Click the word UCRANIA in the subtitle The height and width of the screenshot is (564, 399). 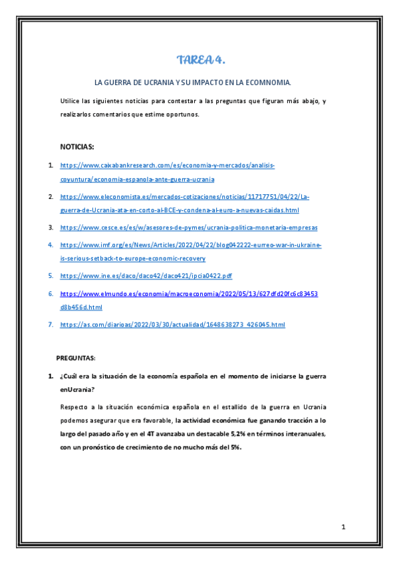[x=157, y=83]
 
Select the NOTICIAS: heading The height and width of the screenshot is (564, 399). [x=77, y=146]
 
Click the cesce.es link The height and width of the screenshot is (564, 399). [x=189, y=227]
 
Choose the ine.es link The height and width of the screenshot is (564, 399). [x=146, y=275]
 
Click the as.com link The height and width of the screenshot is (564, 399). [x=172, y=325]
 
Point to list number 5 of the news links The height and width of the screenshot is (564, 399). [x=51, y=275]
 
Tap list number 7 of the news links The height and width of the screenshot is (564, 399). [x=51, y=325]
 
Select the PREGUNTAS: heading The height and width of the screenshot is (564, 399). [x=76, y=357]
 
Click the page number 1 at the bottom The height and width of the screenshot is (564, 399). [x=344, y=527]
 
